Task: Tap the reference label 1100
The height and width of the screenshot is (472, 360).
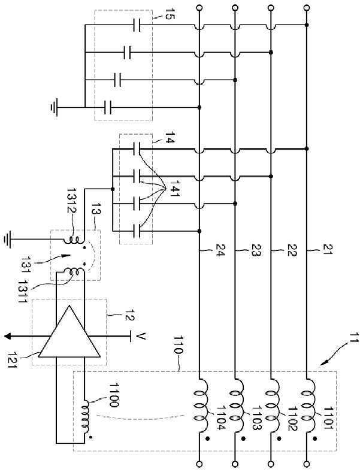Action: [x=113, y=395]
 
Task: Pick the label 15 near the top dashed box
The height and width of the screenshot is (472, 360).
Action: [x=169, y=14]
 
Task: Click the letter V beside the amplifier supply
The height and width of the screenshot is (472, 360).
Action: [x=141, y=336]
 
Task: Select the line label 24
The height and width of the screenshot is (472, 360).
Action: [x=219, y=250]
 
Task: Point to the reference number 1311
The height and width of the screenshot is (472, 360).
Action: [x=23, y=291]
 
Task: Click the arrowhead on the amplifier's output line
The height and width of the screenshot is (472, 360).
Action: [x=8, y=336]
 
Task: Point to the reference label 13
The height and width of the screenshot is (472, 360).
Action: [x=96, y=208]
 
